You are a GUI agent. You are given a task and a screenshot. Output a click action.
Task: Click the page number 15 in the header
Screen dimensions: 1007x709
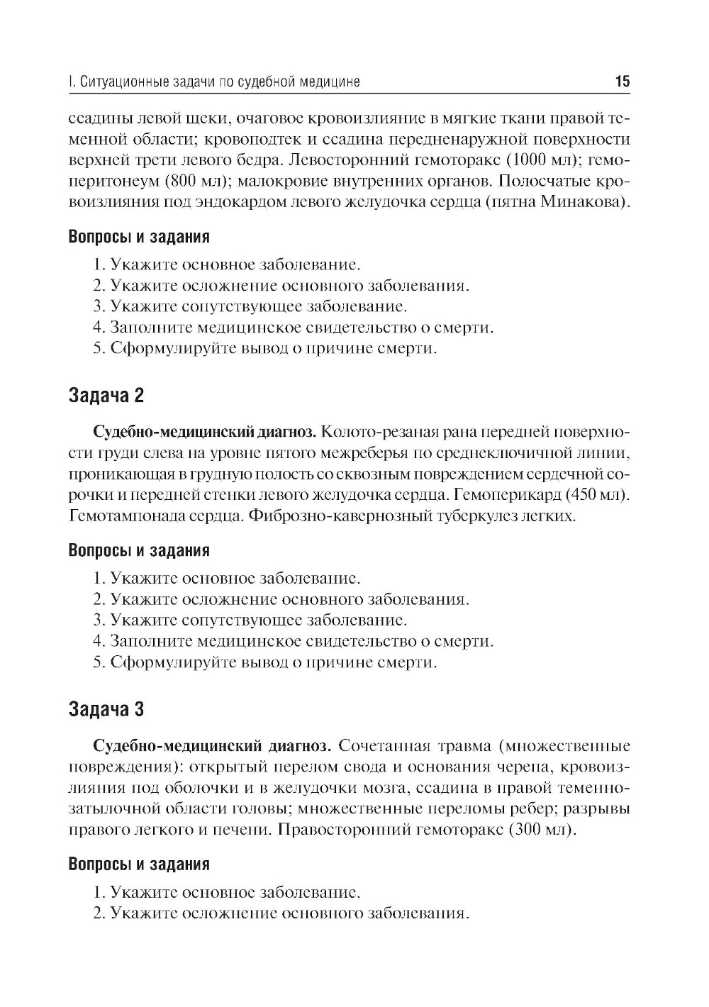(622, 82)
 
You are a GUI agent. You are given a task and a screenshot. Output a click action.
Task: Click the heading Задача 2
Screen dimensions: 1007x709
(106, 395)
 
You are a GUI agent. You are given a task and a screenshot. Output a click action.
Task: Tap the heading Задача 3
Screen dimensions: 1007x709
(106, 708)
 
